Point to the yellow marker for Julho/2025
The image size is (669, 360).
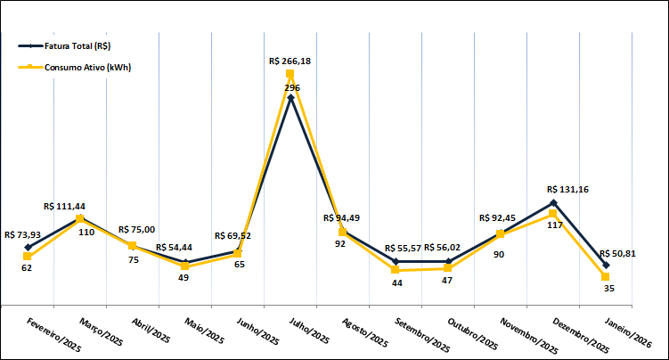click(x=290, y=74)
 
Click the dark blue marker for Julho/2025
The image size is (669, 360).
click(x=290, y=97)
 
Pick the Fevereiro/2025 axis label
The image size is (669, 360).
click(x=54, y=333)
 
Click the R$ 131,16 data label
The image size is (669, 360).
click(x=567, y=189)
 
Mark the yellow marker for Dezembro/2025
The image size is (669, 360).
click(x=553, y=214)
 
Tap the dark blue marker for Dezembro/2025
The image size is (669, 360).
click(x=553, y=202)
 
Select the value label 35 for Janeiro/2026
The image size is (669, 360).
click(x=608, y=288)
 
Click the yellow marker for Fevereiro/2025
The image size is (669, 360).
click(x=28, y=257)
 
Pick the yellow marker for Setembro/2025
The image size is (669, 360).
click(x=396, y=270)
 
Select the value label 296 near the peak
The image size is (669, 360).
click(x=291, y=88)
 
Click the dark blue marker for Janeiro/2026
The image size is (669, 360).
click(x=606, y=265)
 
